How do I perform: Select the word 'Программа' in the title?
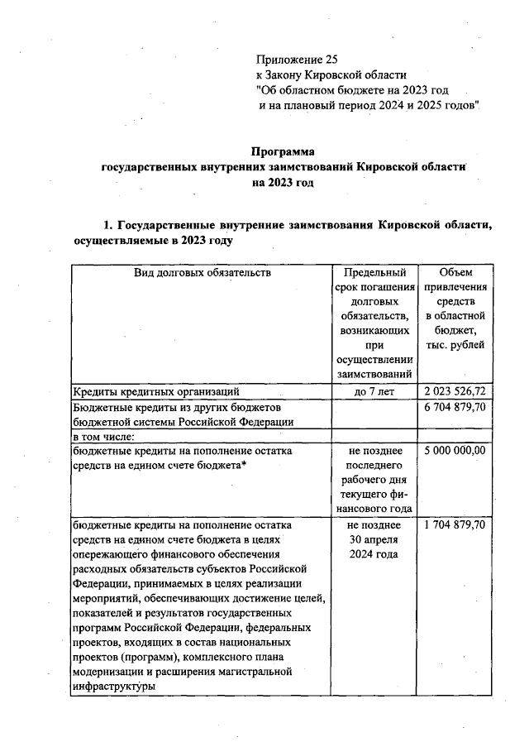(x=284, y=151)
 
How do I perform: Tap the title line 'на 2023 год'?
(x=284, y=183)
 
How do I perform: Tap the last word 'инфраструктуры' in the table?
(x=115, y=687)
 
